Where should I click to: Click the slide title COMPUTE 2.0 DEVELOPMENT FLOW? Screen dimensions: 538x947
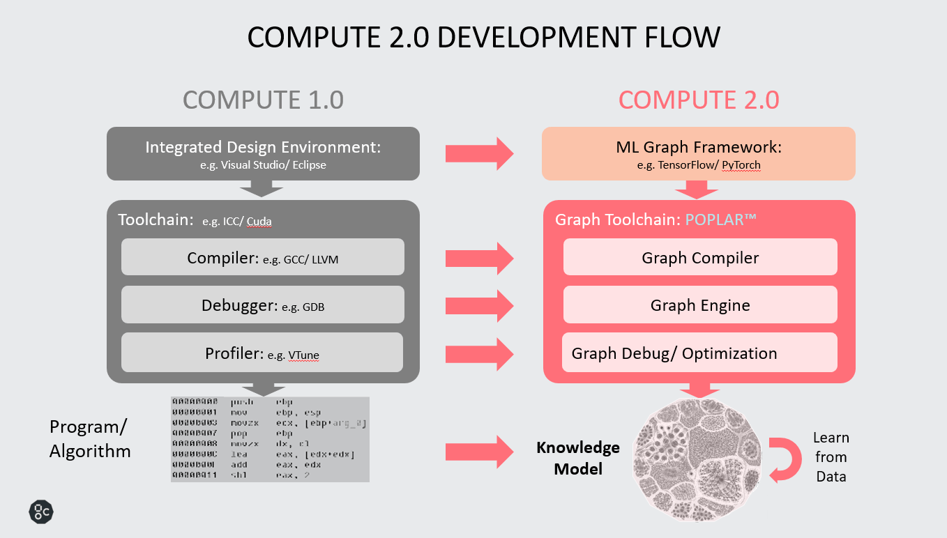(483, 37)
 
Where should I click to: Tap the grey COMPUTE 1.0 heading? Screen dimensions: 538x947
(263, 100)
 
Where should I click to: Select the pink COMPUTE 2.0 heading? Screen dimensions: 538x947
(699, 100)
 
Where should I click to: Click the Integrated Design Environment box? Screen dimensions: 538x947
(263, 153)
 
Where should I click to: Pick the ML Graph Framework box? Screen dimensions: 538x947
(699, 153)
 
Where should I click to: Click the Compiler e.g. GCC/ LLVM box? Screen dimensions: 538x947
(263, 257)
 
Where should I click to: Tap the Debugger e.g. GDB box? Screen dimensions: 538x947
(263, 305)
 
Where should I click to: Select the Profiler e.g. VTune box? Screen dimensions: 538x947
(263, 353)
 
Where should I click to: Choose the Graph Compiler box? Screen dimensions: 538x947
(700, 257)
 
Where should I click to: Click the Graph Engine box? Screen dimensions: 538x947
(700, 305)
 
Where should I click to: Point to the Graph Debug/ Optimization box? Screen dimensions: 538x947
(700, 353)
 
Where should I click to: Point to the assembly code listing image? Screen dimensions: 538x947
(270, 439)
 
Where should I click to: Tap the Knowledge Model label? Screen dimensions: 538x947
(577, 458)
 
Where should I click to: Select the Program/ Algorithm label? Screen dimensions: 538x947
(90, 439)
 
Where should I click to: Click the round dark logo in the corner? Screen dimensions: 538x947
(41, 512)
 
